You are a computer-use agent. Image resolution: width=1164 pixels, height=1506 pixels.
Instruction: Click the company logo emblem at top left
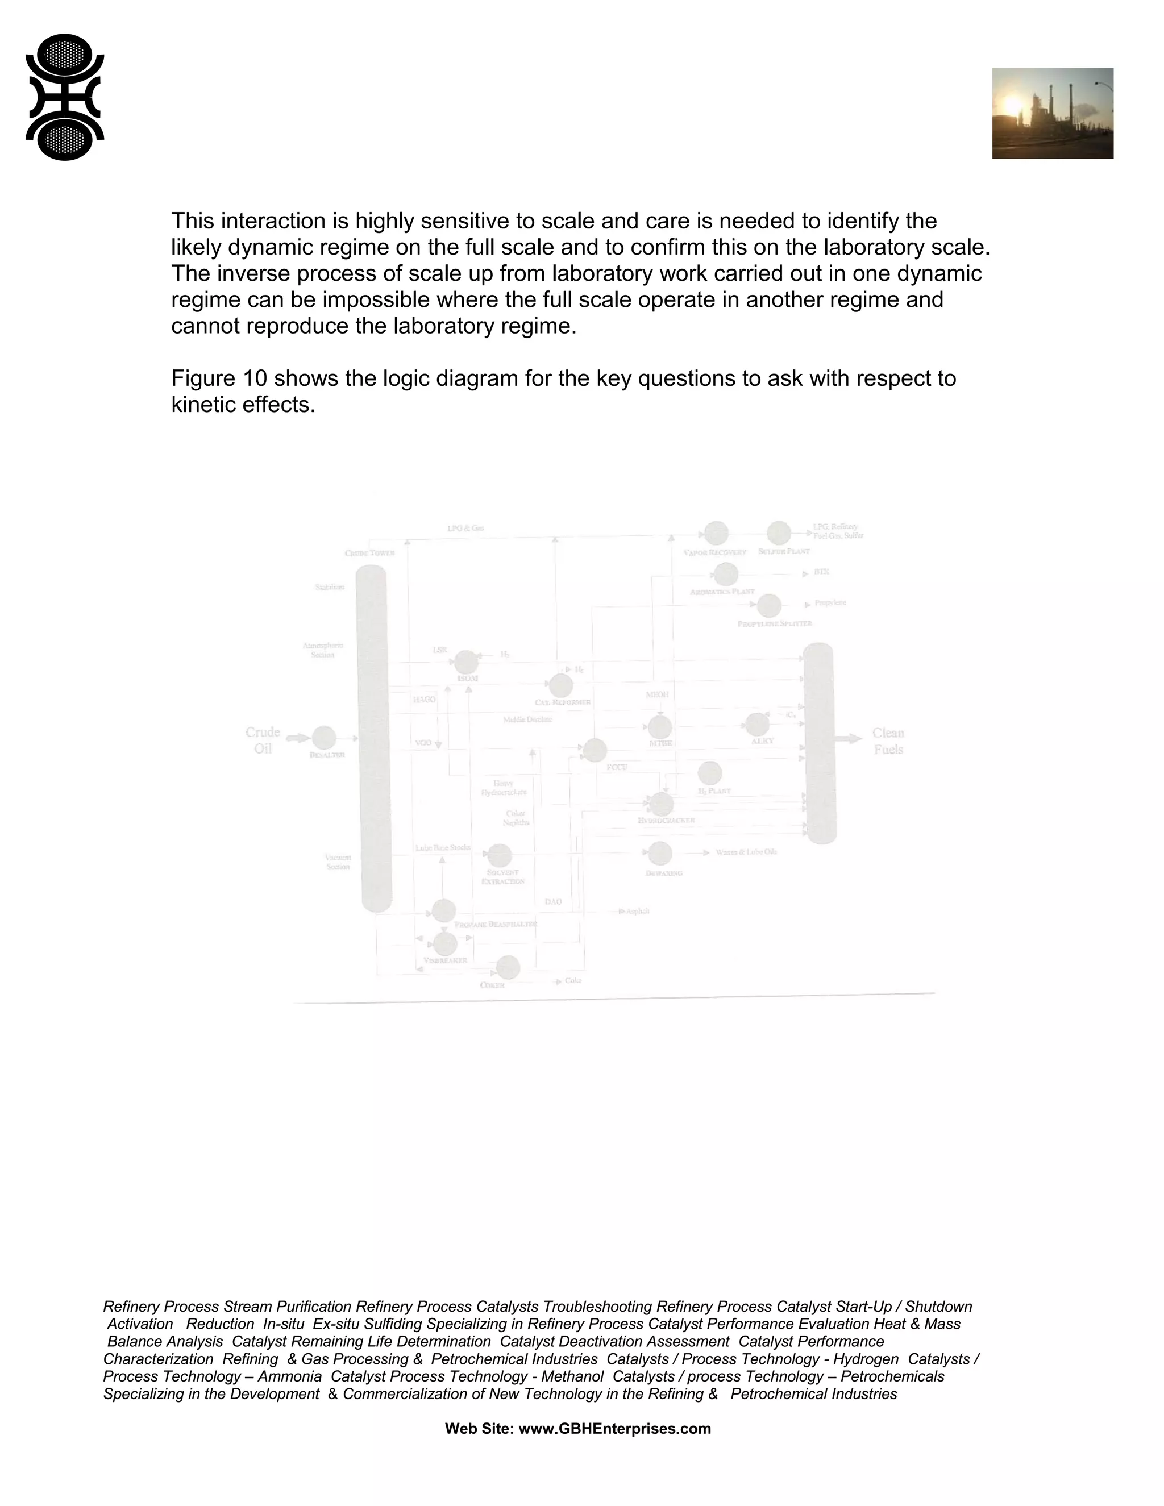pyautogui.click(x=65, y=97)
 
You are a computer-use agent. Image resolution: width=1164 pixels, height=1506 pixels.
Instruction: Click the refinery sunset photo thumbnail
pyautogui.click(x=1052, y=113)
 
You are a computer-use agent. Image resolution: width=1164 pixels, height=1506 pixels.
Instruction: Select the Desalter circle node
pyautogui.click(x=324, y=738)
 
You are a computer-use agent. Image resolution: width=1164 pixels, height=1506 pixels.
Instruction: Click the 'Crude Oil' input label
pyautogui.click(x=263, y=740)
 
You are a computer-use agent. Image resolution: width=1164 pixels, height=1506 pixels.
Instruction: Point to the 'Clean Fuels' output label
pyautogui.click(x=888, y=740)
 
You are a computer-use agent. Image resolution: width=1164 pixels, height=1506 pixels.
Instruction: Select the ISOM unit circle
pyautogui.click(x=466, y=662)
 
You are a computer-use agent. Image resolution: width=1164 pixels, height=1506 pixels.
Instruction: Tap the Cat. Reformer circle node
pyautogui.click(x=560, y=685)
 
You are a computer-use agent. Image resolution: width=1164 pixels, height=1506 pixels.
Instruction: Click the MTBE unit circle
pyautogui.click(x=660, y=727)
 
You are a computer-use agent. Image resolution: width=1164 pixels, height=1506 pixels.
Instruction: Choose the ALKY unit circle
pyautogui.click(x=757, y=724)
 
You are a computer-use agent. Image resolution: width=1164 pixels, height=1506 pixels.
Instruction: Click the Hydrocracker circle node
pyautogui.click(x=662, y=804)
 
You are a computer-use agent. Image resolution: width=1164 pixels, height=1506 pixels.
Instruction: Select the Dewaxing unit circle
pyautogui.click(x=660, y=854)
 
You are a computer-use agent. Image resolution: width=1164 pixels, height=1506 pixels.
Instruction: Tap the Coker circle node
pyautogui.click(x=508, y=967)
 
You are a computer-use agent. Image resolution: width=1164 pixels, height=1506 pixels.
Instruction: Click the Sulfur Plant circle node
pyautogui.click(x=779, y=533)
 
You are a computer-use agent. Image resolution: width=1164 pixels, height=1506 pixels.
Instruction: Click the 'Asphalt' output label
pyautogui.click(x=638, y=911)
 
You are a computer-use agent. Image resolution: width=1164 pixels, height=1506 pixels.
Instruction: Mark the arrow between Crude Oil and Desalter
pyautogui.click(x=298, y=738)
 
